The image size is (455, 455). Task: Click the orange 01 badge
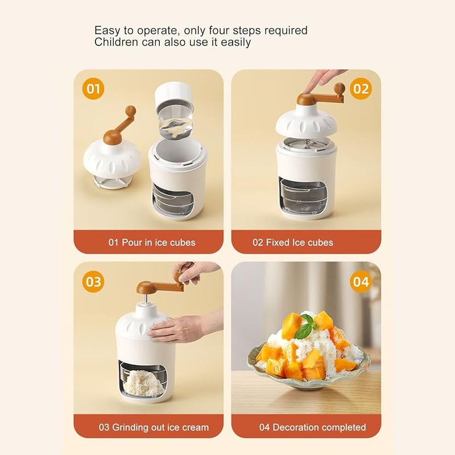(x=93, y=89)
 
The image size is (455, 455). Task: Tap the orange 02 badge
(x=361, y=89)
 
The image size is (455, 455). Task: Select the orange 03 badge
(x=93, y=282)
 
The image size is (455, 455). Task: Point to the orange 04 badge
(x=361, y=282)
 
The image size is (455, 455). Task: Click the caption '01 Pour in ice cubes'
(x=152, y=242)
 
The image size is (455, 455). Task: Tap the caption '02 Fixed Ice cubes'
(x=293, y=242)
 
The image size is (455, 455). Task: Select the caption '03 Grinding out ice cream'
(x=154, y=427)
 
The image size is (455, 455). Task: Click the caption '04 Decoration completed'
(x=312, y=427)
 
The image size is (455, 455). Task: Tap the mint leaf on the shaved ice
(x=304, y=326)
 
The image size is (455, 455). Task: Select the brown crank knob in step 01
(x=130, y=110)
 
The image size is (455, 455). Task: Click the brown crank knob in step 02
(x=340, y=88)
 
